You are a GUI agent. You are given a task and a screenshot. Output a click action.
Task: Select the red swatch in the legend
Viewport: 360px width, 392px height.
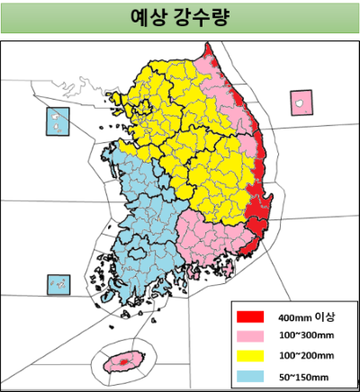[x=250, y=316]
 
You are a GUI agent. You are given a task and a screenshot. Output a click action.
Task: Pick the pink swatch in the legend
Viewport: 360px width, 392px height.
[x=250, y=335]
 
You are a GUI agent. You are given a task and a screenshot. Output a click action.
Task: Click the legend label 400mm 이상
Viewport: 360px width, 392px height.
[x=306, y=317]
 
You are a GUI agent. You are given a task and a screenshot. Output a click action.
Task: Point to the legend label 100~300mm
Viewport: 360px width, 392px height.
[x=303, y=336]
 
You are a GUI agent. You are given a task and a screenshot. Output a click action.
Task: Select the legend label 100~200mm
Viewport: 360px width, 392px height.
[x=303, y=355]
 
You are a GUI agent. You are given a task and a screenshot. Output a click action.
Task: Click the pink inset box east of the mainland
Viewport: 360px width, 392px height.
[x=299, y=102]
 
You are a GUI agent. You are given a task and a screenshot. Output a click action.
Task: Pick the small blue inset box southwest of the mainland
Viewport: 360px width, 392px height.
[x=58, y=285]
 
